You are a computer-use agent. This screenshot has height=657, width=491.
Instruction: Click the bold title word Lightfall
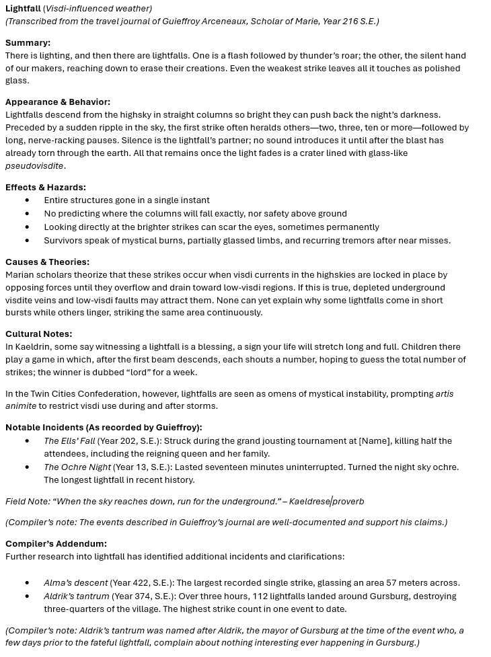click(23, 9)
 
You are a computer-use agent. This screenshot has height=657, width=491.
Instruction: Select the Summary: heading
click(28, 42)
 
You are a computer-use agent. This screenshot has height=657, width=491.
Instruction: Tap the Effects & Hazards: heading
click(46, 187)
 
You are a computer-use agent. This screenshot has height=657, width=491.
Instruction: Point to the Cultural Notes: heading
click(38, 334)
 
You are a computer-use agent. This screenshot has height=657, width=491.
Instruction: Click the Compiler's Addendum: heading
click(56, 543)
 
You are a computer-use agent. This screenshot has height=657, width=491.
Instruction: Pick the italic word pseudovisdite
click(34, 165)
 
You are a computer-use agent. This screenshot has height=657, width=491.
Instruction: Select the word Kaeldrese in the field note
click(309, 501)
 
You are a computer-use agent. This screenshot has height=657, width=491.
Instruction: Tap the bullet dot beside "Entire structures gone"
click(27, 200)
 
